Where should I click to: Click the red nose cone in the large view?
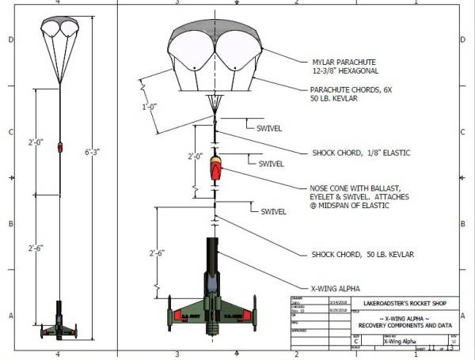[x=215, y=169]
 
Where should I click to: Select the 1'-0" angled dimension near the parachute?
[x=149, y=105]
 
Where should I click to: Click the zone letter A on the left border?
[x=8, y=315]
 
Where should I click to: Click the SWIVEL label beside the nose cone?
[x=272, y=164]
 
